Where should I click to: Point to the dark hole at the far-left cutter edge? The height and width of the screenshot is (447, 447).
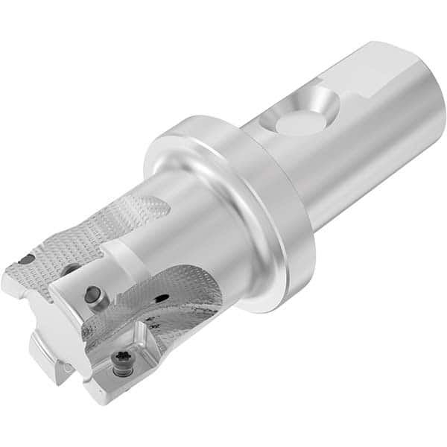tap(26, 260)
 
